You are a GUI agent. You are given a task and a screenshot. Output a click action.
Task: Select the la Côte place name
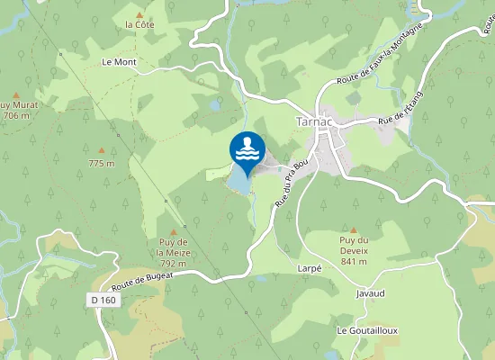(139, 24)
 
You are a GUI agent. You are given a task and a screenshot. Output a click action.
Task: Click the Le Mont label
(119, 62)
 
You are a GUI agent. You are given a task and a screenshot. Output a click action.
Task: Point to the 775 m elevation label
(102, 163)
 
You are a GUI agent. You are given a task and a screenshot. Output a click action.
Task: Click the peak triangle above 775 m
(102, 149)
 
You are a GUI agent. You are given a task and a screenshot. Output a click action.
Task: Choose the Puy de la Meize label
(173, 247)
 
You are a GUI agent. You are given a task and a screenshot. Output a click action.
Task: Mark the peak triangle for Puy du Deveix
(354, 229)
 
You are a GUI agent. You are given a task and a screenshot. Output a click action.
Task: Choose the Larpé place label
(309, 268)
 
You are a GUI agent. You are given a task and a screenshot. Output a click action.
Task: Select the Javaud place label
(370, 293)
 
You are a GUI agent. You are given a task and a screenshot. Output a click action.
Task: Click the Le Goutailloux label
(367, 331)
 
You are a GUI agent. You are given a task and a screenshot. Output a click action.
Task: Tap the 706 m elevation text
(16, 116)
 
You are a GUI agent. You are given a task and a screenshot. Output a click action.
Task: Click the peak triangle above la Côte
(140, 13)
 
